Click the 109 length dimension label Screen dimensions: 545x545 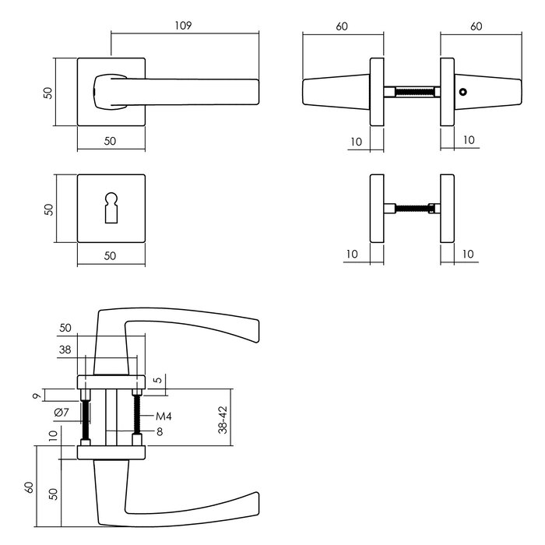[x=183, y=26]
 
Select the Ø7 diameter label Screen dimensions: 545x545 [x=62, y=412]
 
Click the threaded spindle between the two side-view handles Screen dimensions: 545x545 [x=412, y=92]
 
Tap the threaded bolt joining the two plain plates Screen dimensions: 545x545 [x=412, y=208]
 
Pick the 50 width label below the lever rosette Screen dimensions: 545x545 [x=111, y=140]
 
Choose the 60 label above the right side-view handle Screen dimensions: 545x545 [x=476, y=26]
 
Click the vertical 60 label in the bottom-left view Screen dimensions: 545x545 [x=30, y=487]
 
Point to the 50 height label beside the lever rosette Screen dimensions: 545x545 [x=48, y=92]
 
